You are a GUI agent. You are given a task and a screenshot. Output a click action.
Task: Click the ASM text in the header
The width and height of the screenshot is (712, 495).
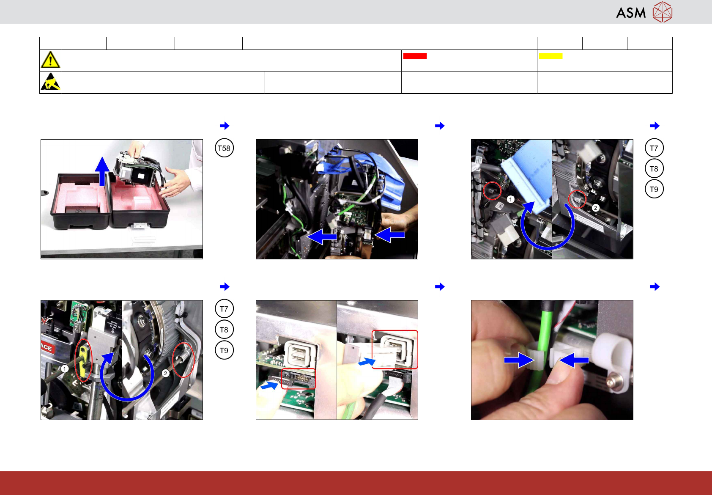(x=631, y=13)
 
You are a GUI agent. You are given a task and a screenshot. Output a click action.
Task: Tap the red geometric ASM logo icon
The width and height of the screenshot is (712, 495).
(x=663, y=12)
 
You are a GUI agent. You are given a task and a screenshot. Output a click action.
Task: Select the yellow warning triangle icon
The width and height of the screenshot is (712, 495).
(x=50, y=60)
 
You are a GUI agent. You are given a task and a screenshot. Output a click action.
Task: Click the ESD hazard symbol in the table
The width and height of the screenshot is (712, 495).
(x=50, y=82)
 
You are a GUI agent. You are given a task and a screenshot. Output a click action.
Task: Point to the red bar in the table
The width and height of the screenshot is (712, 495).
(x=415, y=56)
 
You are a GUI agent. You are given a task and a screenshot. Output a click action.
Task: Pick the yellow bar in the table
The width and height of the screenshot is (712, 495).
(x=550, y=56)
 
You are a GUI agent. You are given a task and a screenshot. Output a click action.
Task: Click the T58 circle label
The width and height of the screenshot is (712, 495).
(x=224, y=148)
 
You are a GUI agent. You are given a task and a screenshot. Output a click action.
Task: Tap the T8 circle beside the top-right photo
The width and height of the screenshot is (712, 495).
(x=654, y=169)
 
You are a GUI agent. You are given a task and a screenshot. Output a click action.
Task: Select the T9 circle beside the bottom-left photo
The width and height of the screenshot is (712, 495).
(x=224, y=350)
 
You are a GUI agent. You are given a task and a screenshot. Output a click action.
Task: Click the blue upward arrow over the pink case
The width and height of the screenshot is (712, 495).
(x=102, y=171)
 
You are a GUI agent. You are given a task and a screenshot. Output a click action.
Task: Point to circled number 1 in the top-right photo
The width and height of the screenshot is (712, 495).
(x=510, y=199)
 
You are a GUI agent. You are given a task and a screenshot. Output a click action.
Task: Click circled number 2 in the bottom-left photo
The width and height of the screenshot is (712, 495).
(x=165, y=373)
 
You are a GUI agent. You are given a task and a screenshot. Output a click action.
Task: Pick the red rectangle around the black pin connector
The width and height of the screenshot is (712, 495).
(x=298, y=379)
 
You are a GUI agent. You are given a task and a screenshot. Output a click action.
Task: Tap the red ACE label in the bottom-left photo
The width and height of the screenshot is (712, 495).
(x=47, y=347)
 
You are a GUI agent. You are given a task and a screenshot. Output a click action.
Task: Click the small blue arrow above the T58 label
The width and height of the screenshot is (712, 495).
(x=225, y=126)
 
